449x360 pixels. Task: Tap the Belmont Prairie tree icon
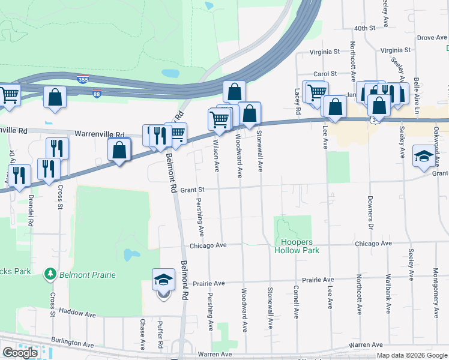[50, 274]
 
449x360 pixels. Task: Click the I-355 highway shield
[83, 79]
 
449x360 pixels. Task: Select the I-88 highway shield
[97, 94]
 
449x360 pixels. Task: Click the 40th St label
[364, 28]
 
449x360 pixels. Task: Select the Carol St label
[325, 74]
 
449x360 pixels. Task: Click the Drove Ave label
[432, 38]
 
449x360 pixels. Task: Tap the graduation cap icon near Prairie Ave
[164, 280]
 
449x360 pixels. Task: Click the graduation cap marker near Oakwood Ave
[423, 156]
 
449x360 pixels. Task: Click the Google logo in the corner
[20, 353]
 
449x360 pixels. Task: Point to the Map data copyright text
[412, 355]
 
